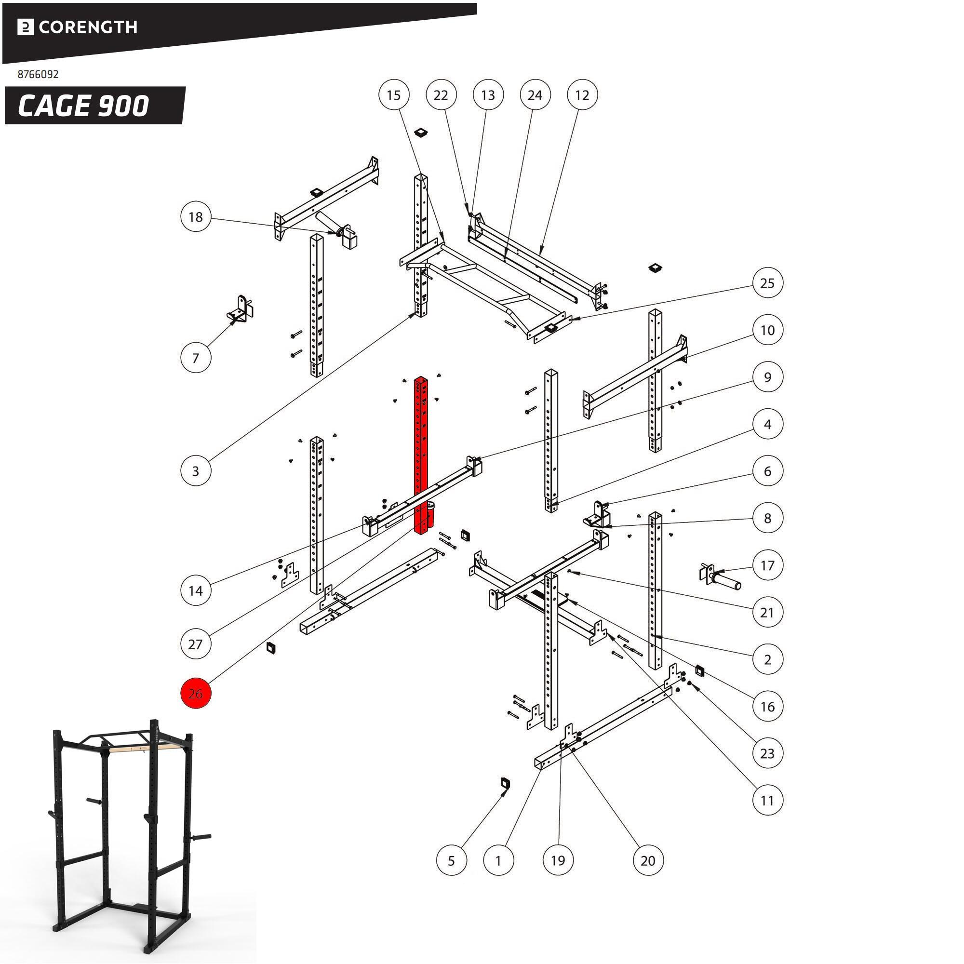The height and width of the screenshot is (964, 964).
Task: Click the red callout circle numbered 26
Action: click(196, 693)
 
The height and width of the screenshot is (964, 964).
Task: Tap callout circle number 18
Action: click(196, 216)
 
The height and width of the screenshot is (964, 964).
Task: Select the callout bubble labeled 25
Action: click(767, 283)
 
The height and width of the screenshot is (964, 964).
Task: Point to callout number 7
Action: click(196, 358)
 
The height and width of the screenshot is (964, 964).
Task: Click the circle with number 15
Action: click(394, 95)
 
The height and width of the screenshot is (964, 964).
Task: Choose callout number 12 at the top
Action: click(582, 95)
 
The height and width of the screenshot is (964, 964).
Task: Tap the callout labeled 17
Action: click(767, 565)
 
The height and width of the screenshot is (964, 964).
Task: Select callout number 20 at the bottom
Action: click(648, 860)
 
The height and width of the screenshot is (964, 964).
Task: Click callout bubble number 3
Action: click(196, 470)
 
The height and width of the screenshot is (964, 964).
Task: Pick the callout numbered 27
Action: click(196, 643)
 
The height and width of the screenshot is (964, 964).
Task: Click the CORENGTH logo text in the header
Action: click(88, 27)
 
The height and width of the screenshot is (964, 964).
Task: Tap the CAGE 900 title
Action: click(84, 106)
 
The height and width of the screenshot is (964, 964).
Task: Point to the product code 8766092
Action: click(38, 74)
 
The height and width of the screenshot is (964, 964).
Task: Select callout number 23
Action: click(767, 753)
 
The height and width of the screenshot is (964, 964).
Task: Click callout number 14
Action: click(196, 590)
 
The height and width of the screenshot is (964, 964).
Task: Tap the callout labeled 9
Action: click(767, 377)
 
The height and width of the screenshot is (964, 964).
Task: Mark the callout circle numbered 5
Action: click(451, 860)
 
